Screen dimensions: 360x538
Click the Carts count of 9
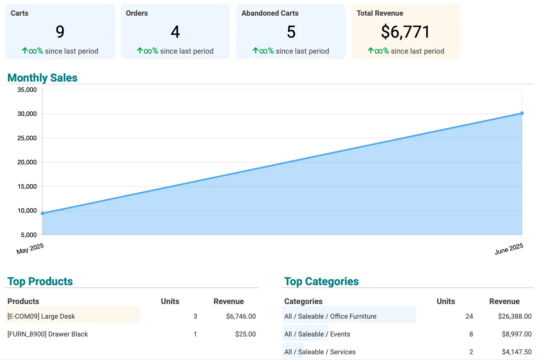point(60,32)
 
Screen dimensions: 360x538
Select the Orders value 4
point(175,32)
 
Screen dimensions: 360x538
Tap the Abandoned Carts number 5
point(291,32)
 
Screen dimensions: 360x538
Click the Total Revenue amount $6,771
point(406,32)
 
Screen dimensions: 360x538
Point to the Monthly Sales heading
point(43,78)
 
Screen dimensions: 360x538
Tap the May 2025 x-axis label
point(30,248)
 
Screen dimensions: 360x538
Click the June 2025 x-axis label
point(509,249)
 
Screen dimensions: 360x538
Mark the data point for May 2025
point(43,213)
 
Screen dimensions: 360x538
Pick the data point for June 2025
point(522,113)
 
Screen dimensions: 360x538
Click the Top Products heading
point(40,282)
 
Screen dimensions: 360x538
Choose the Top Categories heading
point(321,282)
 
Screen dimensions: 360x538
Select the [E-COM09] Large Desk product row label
point(41,317)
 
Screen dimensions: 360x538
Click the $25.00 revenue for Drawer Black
point(245,334)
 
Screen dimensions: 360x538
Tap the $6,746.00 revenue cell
point(241,317)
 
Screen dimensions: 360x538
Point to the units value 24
point(469,317)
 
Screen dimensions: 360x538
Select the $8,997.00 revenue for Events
point(515,334)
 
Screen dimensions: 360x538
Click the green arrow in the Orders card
point(140,51)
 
